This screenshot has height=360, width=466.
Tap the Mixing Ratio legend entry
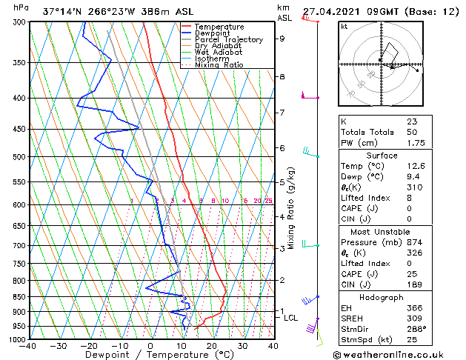tap(219, 65)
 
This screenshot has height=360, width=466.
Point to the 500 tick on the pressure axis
tap(20, 157)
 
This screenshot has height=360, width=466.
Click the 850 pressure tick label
tap(20, 297)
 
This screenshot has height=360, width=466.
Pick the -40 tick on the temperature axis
tap(29, 346)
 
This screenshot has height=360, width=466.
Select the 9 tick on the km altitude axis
tap(282, 39)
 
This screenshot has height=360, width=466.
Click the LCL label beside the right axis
tap(291, 318)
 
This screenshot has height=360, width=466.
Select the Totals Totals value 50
tap(411, 132)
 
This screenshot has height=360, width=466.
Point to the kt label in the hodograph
tap(344, 26)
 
